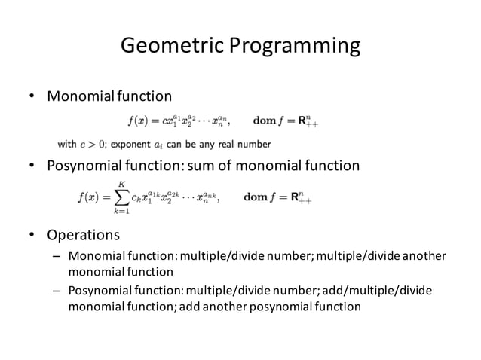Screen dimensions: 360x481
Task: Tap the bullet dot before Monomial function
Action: (32, 96)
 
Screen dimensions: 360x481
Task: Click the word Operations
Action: (84, 236)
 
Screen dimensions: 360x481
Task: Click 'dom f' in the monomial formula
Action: (268, 120)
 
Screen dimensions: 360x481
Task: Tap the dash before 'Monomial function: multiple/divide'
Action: (56, 257)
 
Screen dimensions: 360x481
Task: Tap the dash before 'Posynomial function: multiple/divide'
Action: (56, 291)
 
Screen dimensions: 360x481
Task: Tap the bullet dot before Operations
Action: (32, 236)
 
